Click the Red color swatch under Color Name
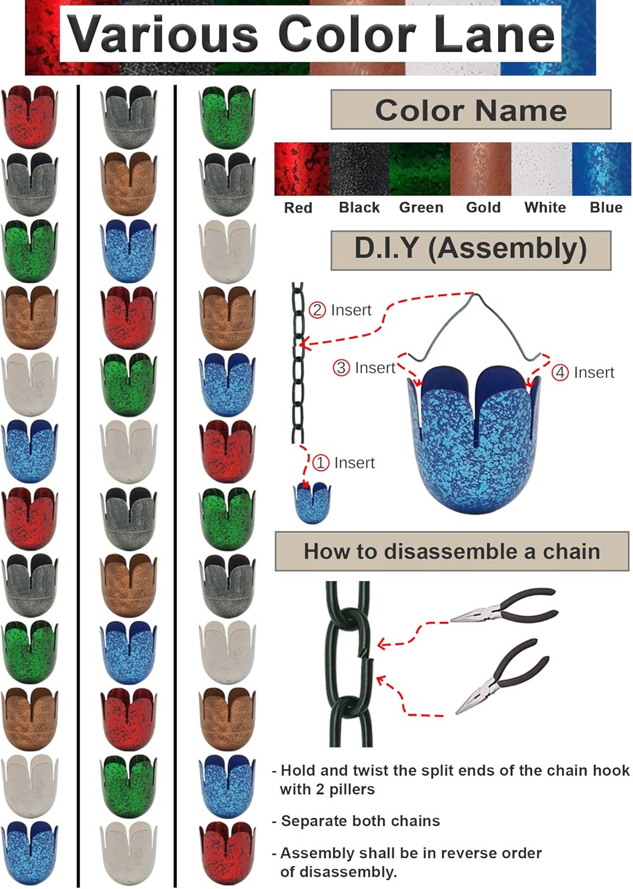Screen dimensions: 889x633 coord(301,169)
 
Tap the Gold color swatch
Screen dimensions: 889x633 coord(480,169)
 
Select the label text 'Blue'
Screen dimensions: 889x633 coord(606,207)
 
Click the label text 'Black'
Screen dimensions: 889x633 coord(359,207)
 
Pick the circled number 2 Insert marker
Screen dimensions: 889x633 coord(318,310)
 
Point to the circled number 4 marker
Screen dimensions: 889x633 coord(560,372)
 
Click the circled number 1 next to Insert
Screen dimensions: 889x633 coord(320,463)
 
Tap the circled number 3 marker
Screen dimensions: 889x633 coord(342,368)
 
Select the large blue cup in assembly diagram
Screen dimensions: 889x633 coord(474,439)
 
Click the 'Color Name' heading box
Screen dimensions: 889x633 coord(471,110)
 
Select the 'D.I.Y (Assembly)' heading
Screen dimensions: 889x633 coord(471,250)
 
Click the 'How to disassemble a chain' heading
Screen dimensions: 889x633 coord(452,552)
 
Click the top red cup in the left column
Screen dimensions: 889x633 coord(30,116)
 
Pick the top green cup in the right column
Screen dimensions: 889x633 coord(228,116)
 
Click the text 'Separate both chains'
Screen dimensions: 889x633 coord(360,821)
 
